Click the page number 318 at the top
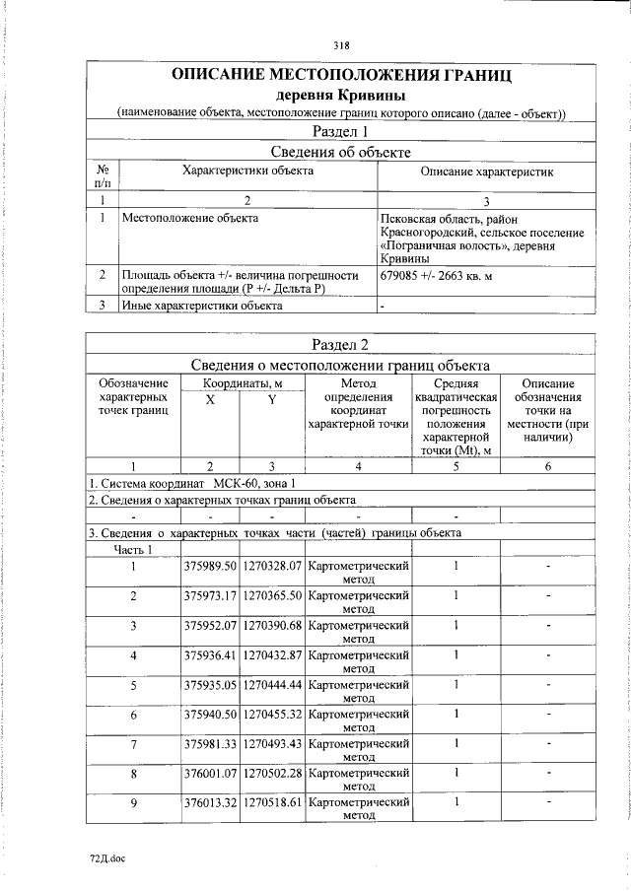pyautogui.click(x=341, y=45)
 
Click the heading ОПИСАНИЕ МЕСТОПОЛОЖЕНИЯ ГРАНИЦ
pyautogui.click(x=341, y=75)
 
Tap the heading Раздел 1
pyautogui.click(x=341, y=132)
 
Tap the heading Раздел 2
pyautogui.click(x=341, y=344)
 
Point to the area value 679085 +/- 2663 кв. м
pyautogui.click(x=434, y=276)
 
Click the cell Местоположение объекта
pyautogui.click(x=189, y=218)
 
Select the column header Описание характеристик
pyautogui.click(x=487, y=172)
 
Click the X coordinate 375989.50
pyautogui.click(x=210, y=566)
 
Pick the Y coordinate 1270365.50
pyautogui.click(x=272, y=595)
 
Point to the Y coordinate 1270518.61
pyautogui.click(x=272, y=802)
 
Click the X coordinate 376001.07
pyautogui.click(x=210, y=773)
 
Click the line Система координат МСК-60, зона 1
pyautogui.click(x=192, y=483)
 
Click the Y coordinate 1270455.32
pyautogui.click(x=272, y=714)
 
